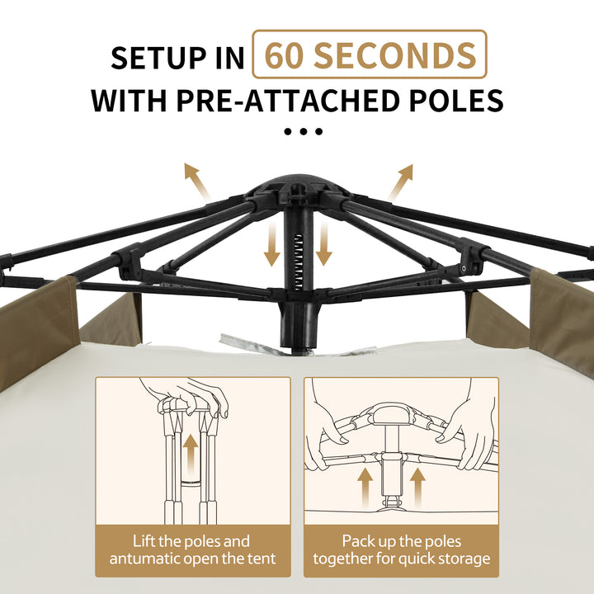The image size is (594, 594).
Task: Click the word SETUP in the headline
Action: pyautogui.click(x=158, y=58)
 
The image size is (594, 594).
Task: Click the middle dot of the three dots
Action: pyautogui.click(x=303, y=131)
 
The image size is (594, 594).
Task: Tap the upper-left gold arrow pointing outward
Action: pyautogui.click(x=197, y=181)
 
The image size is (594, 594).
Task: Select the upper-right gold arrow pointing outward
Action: pyautogui.click(x=400, y=181)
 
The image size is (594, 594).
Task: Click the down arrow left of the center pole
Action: pyautogui.click(x=272, y=243)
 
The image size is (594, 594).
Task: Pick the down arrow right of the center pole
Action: pyautogui.click(x=324, y=243)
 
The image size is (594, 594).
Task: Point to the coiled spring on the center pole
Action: pyautogui.click(x=299, y=262)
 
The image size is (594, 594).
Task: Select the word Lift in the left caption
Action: pyautogui.click(x=144, y=541)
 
